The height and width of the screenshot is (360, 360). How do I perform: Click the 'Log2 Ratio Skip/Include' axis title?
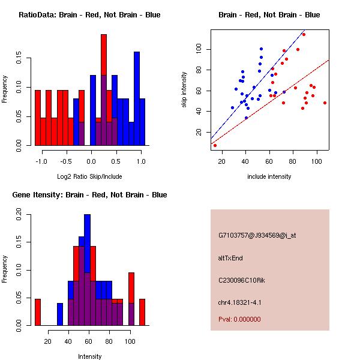pyautogui.click(x=89, y=176)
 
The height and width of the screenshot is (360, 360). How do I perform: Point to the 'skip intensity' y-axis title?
pyautogui.click(x=184, y=89)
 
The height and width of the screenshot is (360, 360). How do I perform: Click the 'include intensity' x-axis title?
pyautogui.click(x=269, y=176)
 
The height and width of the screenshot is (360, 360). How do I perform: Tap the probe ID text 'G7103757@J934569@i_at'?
pyautogui.click(x=257, y=235)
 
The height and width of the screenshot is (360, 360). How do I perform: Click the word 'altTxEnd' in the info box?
pyautogui.click(x=230, y=258)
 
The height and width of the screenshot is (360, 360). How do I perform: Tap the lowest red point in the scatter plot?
pyautogui.click(x=215, y=145)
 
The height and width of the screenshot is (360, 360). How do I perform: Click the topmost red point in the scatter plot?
pyautogui.click(x=304, y=34)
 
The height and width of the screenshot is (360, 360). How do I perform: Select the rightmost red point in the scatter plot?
pyautogui.click(x=325, y=103)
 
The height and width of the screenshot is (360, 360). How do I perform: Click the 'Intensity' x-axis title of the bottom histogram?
pyautogui.click(x=89, y=356)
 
